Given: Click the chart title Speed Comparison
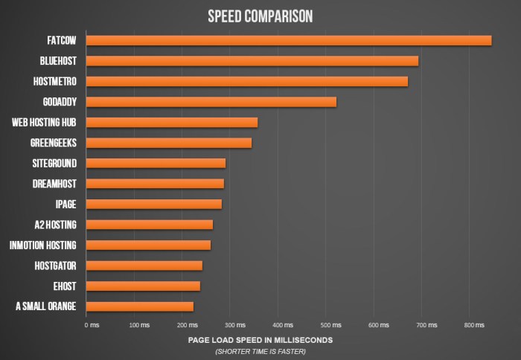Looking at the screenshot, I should tap(260, 16).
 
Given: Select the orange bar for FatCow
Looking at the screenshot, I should tap(289, 40).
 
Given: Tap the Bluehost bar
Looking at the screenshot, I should tap(252, 61).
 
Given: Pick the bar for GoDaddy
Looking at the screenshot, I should tap(211, 102).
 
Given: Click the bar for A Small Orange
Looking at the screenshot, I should tap(140, 306).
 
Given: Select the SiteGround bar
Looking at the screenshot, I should tap(156, 163).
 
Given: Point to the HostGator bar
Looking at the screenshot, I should tap(144, 266).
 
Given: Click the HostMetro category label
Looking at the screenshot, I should tap(55, 81).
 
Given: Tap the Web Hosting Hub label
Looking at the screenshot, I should tap(45, 122).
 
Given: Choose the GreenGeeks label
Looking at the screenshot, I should tap(54, 142).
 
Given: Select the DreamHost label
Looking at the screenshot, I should tap(55, 183).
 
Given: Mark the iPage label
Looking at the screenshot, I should tap(65, 204).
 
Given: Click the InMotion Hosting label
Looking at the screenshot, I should tap(43, 245).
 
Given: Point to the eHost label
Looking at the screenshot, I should tap(65, 286).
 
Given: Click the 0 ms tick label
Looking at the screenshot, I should tap(92, 325).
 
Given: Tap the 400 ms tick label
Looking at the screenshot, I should tap(284, 325).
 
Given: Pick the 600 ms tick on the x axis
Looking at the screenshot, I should tap(379, 325).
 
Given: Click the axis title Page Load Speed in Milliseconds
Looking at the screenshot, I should tap(260, 340).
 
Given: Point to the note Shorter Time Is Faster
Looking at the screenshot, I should tap(260, 351).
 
